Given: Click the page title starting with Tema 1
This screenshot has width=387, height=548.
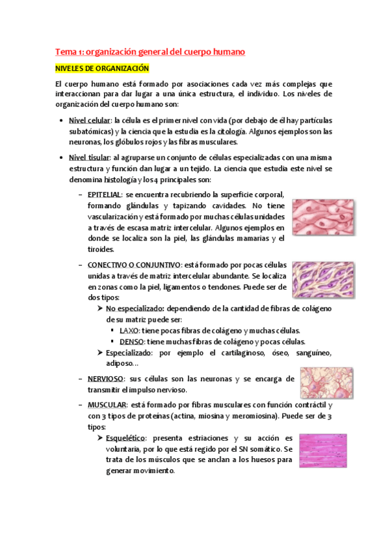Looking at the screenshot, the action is pos(149,51).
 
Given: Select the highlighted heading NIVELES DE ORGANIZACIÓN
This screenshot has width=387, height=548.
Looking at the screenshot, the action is pos(102,68).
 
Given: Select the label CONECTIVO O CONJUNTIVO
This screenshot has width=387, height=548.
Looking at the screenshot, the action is pos(134,264).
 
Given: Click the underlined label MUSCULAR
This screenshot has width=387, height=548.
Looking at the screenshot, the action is pos(106,405).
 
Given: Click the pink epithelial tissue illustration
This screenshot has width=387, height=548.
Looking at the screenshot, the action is pos(322,216).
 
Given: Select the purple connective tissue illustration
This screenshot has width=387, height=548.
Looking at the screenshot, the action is pos(322,279).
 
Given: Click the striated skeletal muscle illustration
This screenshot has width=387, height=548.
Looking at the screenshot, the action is pos(322,450).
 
